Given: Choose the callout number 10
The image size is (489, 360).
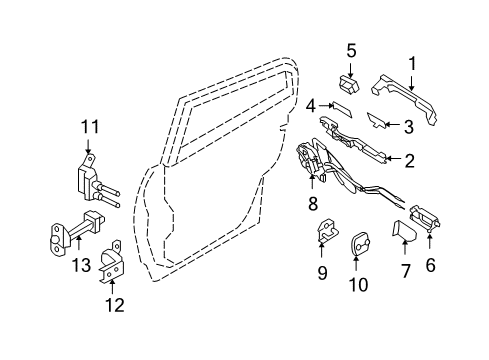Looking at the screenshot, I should point(357,285).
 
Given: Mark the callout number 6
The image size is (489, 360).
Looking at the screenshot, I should point(431,265).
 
